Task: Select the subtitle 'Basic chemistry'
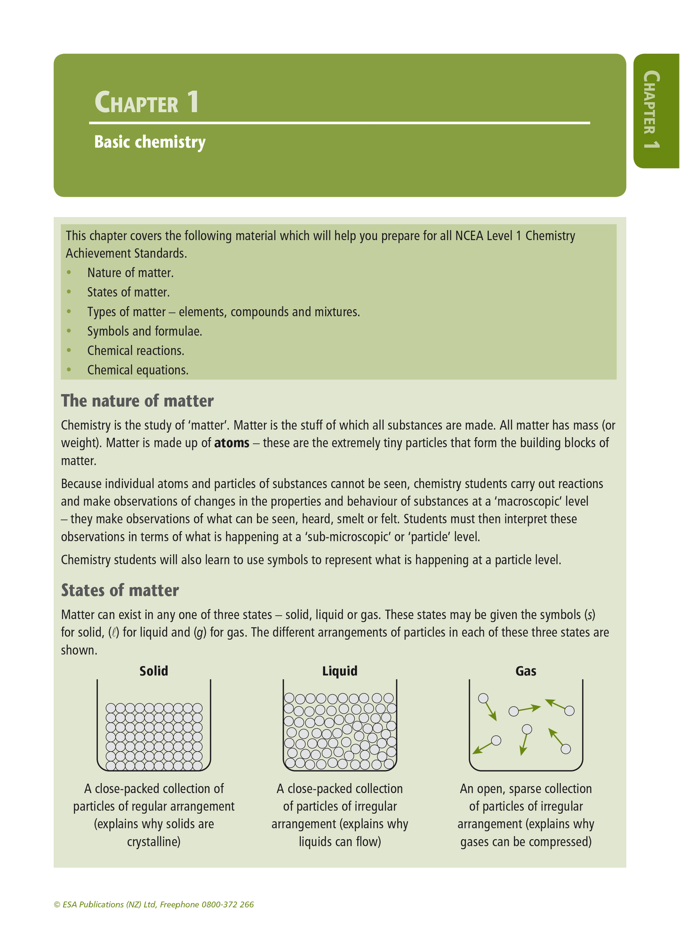150,142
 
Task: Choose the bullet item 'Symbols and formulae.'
144,331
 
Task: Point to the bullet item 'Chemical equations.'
138,370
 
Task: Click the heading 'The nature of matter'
137,401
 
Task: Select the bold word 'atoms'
232,443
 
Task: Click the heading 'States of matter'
120,590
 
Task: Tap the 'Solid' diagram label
154,671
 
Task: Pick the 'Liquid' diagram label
340,671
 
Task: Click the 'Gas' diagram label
526,671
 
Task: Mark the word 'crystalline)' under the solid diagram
154,842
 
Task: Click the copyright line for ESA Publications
154,904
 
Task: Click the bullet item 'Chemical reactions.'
136,351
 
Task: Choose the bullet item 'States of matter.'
128,292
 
